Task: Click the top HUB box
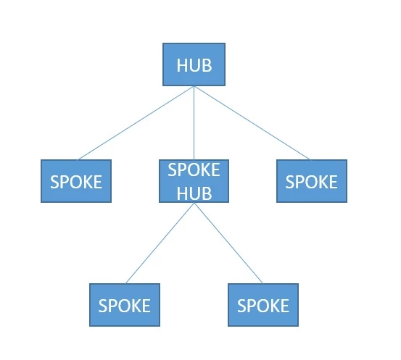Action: (194, 64)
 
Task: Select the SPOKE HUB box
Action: (194, 181)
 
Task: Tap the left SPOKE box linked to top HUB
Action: (76, 181)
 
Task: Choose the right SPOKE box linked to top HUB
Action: (312, 181)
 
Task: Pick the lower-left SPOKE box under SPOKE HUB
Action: (125, 305)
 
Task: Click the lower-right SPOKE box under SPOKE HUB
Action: (263, 305)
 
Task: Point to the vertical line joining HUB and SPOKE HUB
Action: (194, 123)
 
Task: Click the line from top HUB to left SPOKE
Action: (136, 123)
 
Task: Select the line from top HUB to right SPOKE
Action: (252, 123)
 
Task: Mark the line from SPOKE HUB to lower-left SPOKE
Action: (160, 243)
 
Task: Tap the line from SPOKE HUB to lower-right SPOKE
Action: (228, 243)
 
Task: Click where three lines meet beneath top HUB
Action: (194, 86)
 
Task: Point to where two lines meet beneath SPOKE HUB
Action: (194, 203)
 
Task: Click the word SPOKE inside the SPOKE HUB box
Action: (194, 170)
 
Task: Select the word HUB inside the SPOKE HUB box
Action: (194, 193)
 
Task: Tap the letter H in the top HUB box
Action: (182, 65)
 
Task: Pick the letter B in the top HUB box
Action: (207, 65)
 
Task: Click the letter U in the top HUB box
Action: (195, 65)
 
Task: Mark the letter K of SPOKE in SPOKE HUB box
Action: (204, 170)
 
